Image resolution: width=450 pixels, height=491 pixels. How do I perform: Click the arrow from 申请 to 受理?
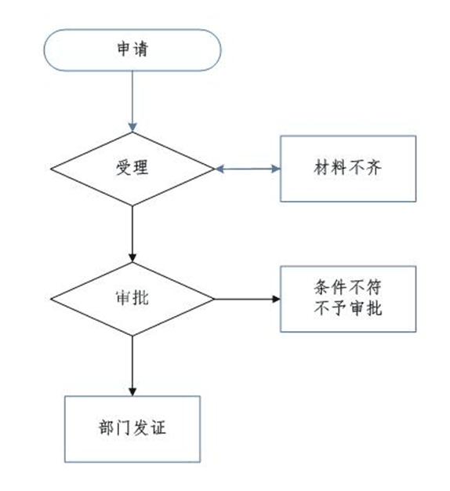pyautogui.click(x=132, y=101)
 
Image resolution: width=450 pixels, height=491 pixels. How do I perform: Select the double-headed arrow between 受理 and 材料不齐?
pyautogui.click(x=248, y=169)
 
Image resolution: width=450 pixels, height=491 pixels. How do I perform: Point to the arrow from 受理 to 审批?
pyautogui.click(x=132, y=234)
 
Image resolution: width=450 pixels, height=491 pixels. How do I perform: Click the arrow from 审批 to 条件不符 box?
pyautogui.click(x=247, y=299)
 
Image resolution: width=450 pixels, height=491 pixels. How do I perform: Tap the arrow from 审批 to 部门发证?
pyautogui.click(x=132, y=366)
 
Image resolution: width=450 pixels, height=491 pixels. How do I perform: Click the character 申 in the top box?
pyautogui.click(x=123, y=49)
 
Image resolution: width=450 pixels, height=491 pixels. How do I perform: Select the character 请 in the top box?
pyautogui.click(x=140, y=49)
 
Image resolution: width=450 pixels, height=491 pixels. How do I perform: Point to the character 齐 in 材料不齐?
pyautogui.click(x=374, y=167)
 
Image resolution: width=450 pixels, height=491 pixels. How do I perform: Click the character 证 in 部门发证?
pyautogui.click(x=158, y=427)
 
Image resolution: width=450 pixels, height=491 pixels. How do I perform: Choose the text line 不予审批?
pyautogui.click(x=347, y=307)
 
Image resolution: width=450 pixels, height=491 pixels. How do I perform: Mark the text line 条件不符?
pyautogui.click(x=347, y=287)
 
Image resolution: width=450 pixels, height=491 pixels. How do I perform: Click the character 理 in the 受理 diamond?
pyautogui.click(x=140, y=167)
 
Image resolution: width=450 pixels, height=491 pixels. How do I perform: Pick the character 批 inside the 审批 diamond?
pyautogui.click(x=140, y=297)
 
